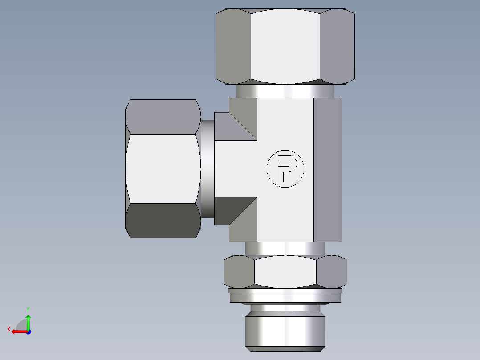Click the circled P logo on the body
(x=285, y=168)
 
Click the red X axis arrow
(x=17, y=331)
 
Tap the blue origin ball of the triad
(x=28, y=331)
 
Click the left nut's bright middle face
(x=163, y=168)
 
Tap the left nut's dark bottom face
(x=163, y=221)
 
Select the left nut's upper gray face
(x=163, y=117)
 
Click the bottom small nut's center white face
(x=285, y=271)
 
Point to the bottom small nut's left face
(x=239, y=271)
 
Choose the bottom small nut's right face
(x=332, y=271)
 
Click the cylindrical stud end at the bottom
(x=285, y=330)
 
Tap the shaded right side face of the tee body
(x=327, y=169)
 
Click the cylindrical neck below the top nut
(x=285, y=91)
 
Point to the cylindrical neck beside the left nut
(x=207, y=168)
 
